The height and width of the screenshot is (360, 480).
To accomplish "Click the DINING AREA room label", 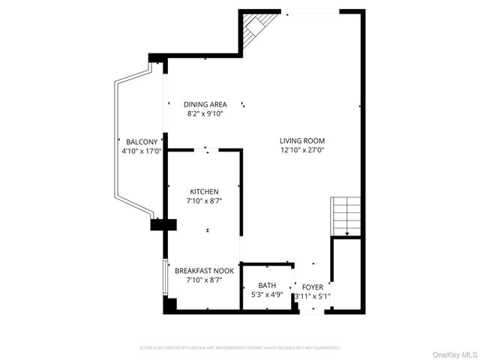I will [205, 104].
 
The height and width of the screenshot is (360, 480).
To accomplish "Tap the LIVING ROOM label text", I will [302, 140].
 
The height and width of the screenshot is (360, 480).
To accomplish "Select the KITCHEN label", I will [204, 192].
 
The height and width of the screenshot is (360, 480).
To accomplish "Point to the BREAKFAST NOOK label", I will [205, 271].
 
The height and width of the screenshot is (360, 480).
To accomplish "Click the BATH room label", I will [267, 286].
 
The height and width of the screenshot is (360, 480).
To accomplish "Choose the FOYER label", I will [313, 286].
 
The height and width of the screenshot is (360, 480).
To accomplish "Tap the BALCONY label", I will [142, 142].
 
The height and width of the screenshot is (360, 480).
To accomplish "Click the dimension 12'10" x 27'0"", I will [302, 150].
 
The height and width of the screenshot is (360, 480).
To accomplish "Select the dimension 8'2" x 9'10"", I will [205, 114].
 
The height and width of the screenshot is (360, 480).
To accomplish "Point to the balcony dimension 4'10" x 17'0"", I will [142, 151].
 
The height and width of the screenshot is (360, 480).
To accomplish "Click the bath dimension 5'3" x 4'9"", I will [267, 295].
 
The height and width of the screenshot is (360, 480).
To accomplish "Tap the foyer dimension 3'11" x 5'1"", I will [313, 296].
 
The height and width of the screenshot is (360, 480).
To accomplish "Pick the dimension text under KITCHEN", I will [204, 201].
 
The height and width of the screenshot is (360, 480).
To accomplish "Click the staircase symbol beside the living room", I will [346, 216].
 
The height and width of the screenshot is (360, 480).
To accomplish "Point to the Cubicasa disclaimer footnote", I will [240, 348].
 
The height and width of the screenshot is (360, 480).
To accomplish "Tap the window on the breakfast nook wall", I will [165, 279].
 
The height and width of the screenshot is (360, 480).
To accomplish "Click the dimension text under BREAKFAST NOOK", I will [205, 280].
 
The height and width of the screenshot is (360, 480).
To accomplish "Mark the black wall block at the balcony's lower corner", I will [162, 223].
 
